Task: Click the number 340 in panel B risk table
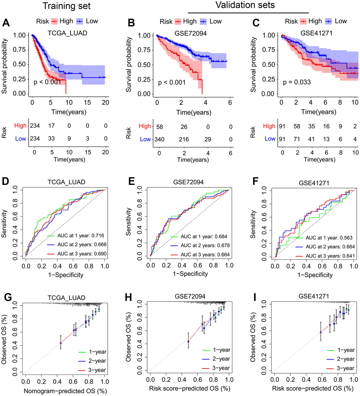(159, 139)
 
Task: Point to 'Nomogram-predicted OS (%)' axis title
(66, 391)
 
